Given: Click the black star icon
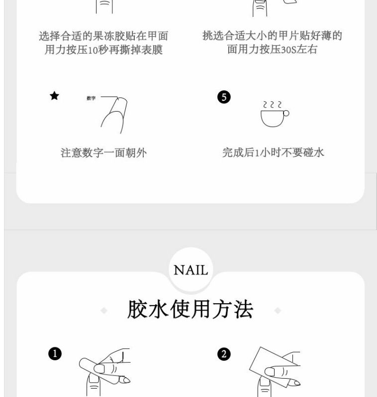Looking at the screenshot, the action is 54,96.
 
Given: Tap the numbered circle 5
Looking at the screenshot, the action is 224,97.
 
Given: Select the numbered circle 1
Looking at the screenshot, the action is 55,354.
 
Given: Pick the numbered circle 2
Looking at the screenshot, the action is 224,354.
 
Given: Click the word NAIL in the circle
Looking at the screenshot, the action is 191,270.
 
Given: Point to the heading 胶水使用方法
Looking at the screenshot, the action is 190,309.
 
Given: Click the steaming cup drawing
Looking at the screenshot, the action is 275,114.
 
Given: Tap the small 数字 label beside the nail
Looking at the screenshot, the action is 91,98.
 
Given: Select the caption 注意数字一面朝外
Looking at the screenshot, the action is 103,153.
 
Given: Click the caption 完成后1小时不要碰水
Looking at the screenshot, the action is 273,152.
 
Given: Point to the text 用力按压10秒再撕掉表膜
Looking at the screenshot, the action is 103,50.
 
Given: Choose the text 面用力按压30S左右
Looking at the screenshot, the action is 272,49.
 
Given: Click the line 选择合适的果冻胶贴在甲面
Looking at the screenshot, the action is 103,36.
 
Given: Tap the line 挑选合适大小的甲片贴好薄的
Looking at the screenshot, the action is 272,35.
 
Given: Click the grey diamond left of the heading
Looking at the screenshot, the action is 104,310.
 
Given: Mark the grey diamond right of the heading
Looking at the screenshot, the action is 278,310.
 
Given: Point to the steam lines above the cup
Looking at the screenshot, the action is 272,105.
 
